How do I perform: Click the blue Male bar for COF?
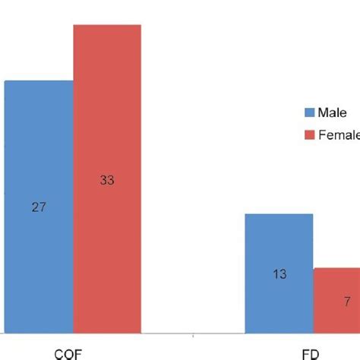pos(39,206)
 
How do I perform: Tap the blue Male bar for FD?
pos(279,273)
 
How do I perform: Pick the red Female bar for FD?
pos(336,300)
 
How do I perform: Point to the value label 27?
pos(39,207)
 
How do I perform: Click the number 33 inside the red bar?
pos(107,180)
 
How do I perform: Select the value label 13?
pos(279,274)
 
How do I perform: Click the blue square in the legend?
pos(309,113)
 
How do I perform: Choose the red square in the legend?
pos(309,135)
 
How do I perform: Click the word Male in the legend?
pos(333,113)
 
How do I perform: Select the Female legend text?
pos(339,135)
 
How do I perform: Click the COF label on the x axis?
pos(68,353)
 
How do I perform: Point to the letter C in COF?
pos(58,353)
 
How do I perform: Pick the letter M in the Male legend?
pos(324,113)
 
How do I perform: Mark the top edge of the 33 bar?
pos(107,25)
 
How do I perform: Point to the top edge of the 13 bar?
pos(279,214)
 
